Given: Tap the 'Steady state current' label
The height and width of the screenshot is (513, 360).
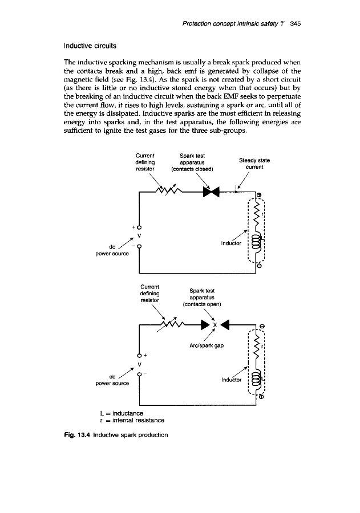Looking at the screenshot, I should [x=253, y=164].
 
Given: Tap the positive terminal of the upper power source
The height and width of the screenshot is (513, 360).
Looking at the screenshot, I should [x=139, y=229].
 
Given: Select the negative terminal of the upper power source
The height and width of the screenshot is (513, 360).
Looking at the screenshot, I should [x=139, y=246].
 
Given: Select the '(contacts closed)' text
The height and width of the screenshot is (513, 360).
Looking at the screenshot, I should [x=192, y=168].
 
